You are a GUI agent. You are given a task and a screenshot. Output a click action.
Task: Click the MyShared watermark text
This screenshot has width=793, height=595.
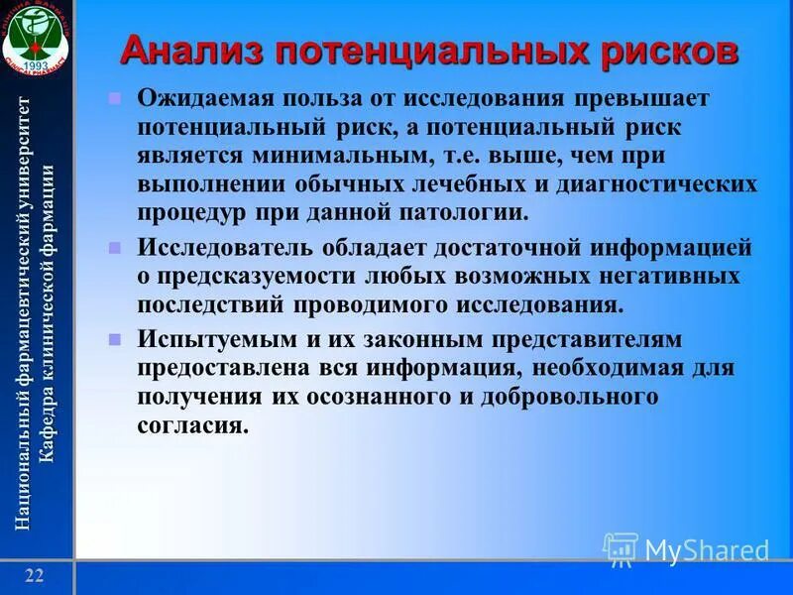pyautogui.click(x=707, y=549)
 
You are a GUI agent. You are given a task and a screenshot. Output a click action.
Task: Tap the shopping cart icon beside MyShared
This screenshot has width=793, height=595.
pyautogui.click(x=622, y=548)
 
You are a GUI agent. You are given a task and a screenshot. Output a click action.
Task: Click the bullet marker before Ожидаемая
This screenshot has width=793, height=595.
pyautogui.click(x=114, y=99)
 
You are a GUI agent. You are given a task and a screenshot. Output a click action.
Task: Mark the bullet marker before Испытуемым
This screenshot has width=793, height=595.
pyautogui.click(x=114, y=339)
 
